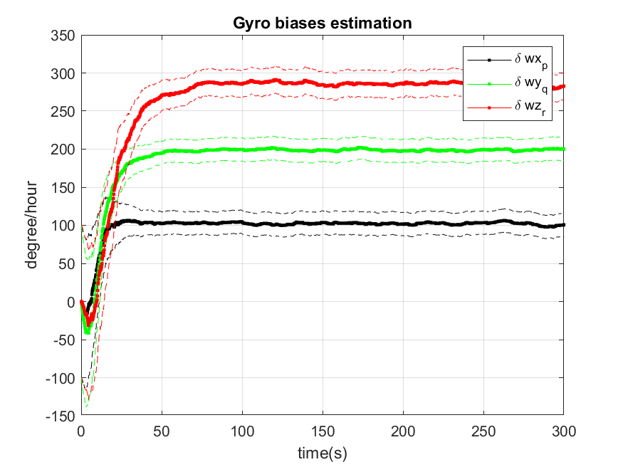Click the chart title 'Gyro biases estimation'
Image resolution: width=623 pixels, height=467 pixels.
pos(322,23)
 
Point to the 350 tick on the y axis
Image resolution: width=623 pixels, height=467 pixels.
pos(63,35)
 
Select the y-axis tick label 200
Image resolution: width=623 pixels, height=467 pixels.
pos(63,149)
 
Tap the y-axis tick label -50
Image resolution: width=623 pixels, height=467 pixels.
pos(63,340)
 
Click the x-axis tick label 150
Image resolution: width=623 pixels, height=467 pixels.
pos(323,431)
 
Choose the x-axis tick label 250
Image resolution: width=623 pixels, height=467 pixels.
pos(483,431)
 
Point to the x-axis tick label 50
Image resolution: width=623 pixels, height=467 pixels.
pos(162,431)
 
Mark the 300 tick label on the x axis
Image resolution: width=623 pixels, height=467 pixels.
pos(563,431)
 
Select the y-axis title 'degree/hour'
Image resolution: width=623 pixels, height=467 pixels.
pos(32,224)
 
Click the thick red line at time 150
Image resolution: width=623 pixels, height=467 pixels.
pos(323,84)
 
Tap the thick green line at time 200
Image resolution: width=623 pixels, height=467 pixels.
pos(403,150)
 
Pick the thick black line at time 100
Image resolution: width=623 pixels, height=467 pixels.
pos(242,222)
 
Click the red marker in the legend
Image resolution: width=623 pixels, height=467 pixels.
pos(488,107)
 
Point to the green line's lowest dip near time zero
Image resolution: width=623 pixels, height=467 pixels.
pos(87,332)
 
